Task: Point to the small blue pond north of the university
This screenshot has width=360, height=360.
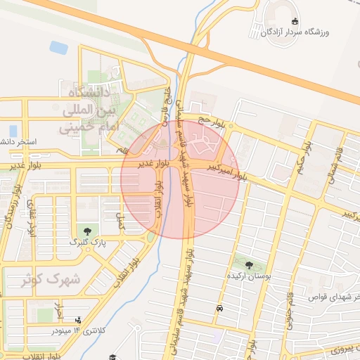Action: click(x=58, y=48)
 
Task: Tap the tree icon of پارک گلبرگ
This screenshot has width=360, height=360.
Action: click(x=86, y=231)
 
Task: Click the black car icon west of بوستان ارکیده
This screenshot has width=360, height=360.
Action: click(x=220, y=308)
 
